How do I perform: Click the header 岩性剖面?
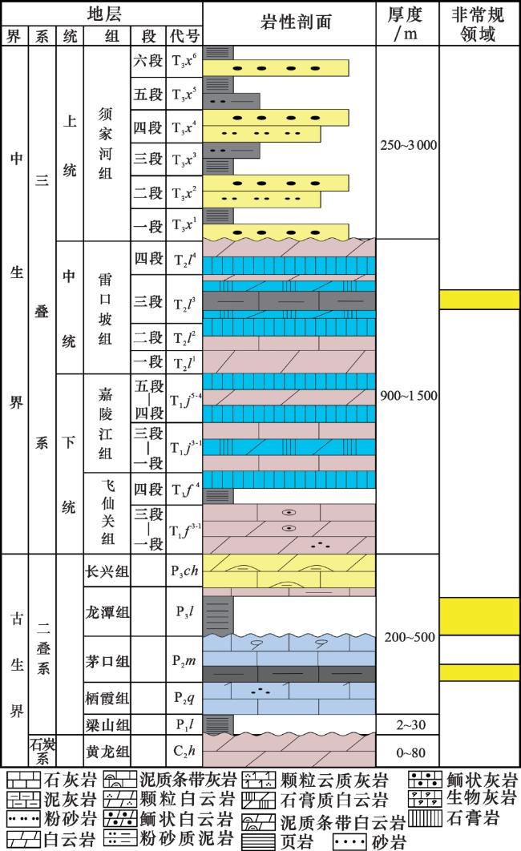click(296, 22)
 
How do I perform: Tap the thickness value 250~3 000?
click(408, 145)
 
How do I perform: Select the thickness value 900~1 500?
click(408, 396)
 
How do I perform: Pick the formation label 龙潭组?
click(107, 612)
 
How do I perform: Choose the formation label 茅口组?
click(107, 660)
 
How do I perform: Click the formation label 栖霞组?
click(107, 698)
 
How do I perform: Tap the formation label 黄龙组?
click(107, 752)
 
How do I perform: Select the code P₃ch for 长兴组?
click(184, 571)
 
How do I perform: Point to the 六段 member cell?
click(148, 60)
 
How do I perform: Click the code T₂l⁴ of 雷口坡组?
click(184, 260)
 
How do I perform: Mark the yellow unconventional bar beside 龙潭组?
click(479, 616)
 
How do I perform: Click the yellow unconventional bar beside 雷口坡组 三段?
click(479, 300)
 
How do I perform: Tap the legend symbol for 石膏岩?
click(426, 817)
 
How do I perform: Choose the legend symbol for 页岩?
click(259, 841)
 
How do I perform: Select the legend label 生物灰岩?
click(481, 798)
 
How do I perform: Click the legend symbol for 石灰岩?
click(23, 780)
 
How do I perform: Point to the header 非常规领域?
click(479, 23)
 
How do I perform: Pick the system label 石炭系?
click(42, 751)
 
